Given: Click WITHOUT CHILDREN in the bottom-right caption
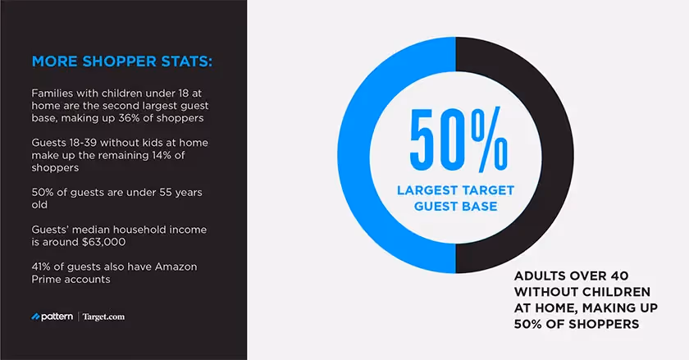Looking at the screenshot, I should (x=582, y=292).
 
